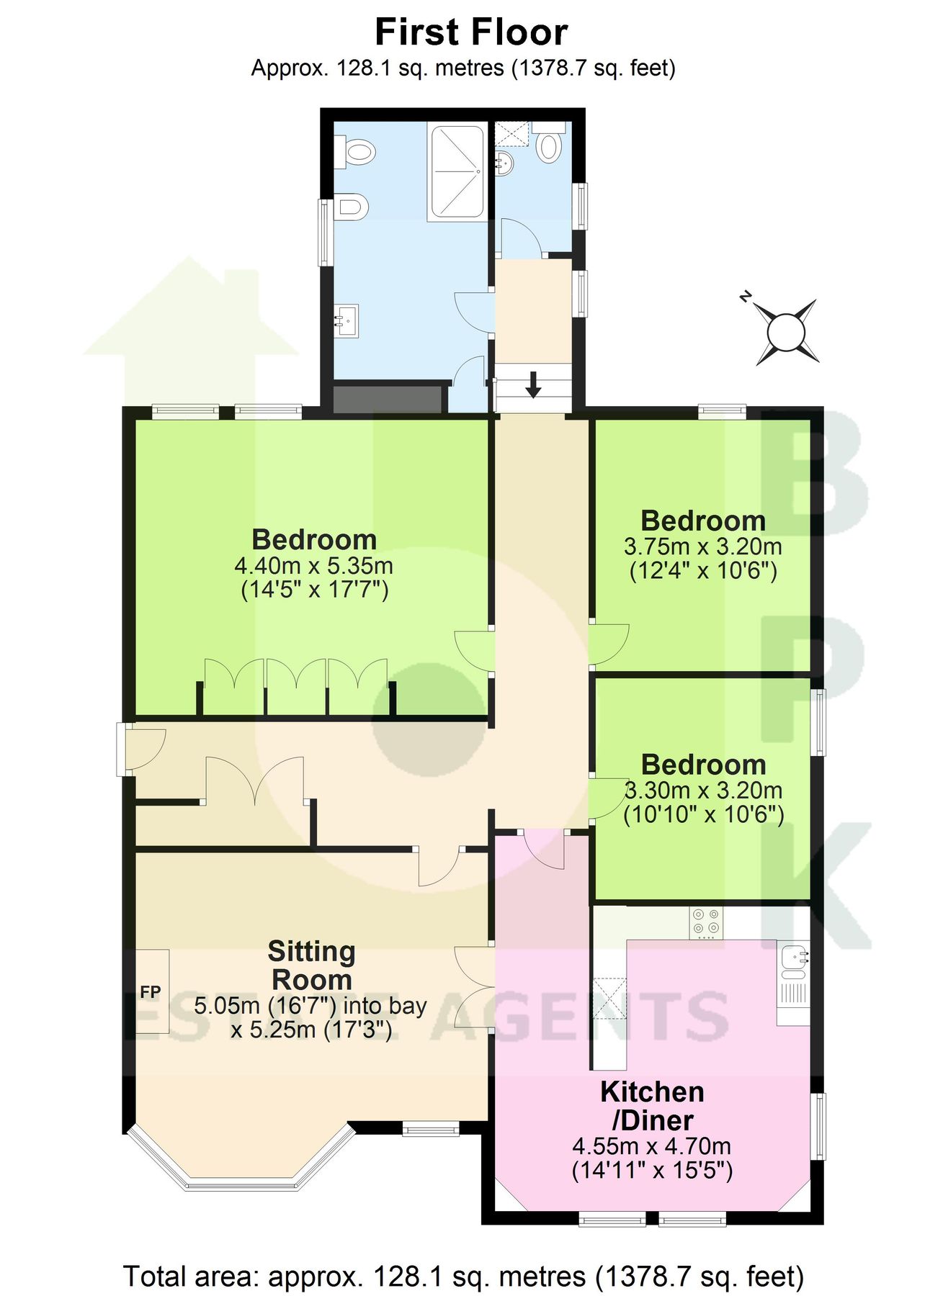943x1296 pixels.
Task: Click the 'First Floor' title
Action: pos(471,32)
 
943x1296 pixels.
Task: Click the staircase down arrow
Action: pos(533,384)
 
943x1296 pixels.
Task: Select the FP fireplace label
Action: pos(151,992)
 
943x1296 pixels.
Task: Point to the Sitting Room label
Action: pos(311,966)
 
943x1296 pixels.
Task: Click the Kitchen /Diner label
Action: pos(652,1106)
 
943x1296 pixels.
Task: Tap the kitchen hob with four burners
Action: pos(705,922)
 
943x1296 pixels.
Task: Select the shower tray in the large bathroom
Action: pos(457,171)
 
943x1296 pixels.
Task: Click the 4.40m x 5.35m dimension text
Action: pos(314,565)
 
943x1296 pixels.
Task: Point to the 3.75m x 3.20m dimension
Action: pos(702,546)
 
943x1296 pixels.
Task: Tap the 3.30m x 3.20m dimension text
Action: pos(703,791)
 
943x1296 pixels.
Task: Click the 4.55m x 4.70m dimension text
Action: pos(651,1146)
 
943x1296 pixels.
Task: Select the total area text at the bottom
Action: pos(464,1277)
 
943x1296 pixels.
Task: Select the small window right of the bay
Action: pos(430,1128)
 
